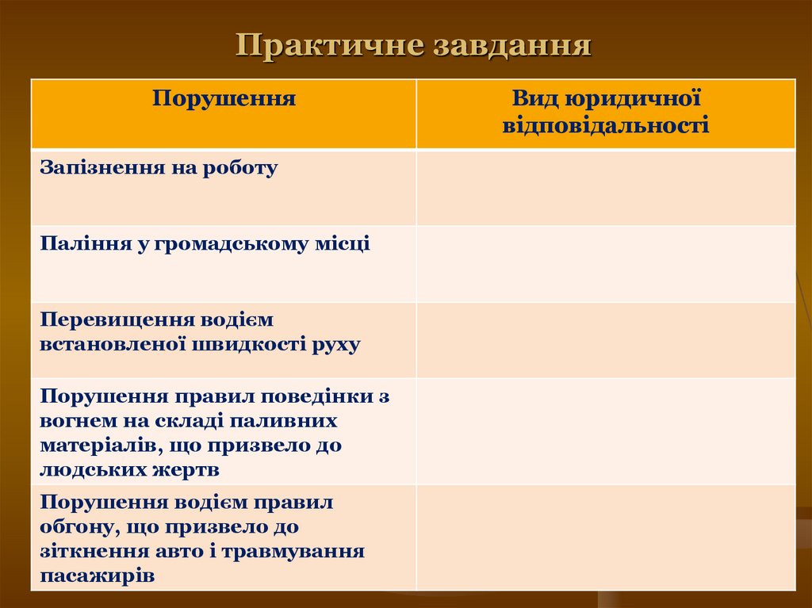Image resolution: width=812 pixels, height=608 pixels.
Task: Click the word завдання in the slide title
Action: click(x=512, y=45)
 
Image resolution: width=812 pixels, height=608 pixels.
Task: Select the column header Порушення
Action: click(x=224, y=99)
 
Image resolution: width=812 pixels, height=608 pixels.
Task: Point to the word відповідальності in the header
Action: click(x=605, y=125)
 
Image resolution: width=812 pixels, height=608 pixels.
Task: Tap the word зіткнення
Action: click(x=88, y=551)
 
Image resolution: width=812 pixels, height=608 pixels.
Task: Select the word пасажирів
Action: click(x=98, y=575)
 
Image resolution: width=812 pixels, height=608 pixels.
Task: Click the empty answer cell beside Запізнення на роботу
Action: click(x=605, y=187)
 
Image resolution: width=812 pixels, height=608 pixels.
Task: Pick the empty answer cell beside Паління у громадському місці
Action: click(x=605, y=263)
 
